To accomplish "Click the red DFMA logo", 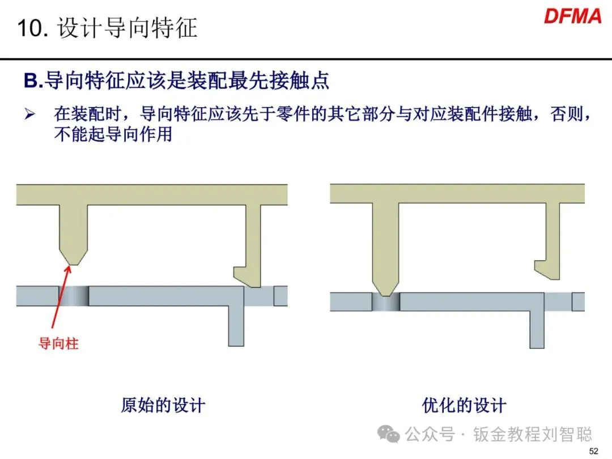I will (572, 16).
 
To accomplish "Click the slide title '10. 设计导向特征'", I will (108, 28).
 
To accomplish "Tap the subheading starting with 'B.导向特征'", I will (176, 82).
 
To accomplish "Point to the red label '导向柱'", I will (58, 343).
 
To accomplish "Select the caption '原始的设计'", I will (163, 405).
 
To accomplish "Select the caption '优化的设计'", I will (464, 405).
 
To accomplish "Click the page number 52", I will (594, 451).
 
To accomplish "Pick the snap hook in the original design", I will (248, 275).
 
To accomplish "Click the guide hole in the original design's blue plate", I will (74, 296).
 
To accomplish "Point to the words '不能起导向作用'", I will (113, 135).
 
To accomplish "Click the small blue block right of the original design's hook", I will (280, 296).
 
